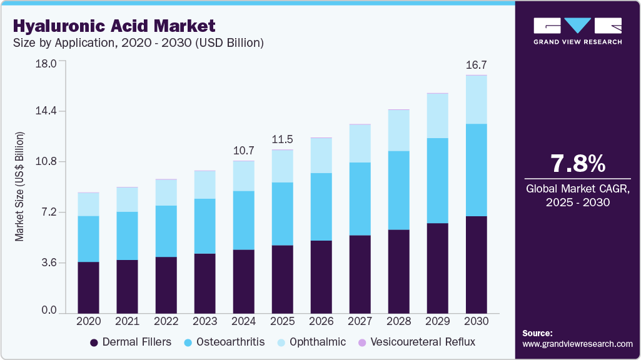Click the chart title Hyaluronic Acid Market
114,26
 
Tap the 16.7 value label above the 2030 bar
477,65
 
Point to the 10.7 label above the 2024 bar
243,151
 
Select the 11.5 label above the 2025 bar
282,139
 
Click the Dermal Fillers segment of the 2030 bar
477,264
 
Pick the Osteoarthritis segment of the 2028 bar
399,190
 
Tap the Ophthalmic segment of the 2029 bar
438,116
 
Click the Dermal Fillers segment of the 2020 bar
88,287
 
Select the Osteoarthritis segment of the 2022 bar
166,231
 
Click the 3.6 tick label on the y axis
48,262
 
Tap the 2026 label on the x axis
321,321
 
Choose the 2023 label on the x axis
205,321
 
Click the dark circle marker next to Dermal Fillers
94,342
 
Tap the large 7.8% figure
578,164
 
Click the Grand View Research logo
578,31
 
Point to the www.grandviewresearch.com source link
577,344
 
